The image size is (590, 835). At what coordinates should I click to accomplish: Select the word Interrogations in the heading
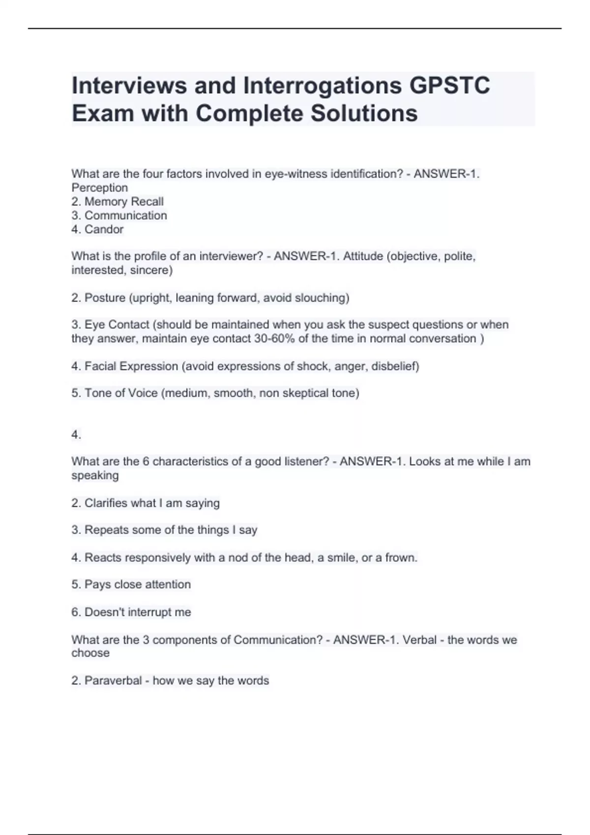pos(322,85)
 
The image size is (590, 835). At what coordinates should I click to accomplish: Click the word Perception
pos(100,188)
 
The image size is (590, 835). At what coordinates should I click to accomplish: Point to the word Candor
pos(104,229)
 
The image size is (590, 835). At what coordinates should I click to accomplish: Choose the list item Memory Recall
pos(124,201)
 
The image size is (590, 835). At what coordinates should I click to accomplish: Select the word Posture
pos(105,298)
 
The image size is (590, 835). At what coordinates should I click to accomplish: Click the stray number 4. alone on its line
pos(76,435)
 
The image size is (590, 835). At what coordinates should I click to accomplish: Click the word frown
pos(401,557)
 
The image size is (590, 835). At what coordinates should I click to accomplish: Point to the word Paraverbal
pos(113,681)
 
